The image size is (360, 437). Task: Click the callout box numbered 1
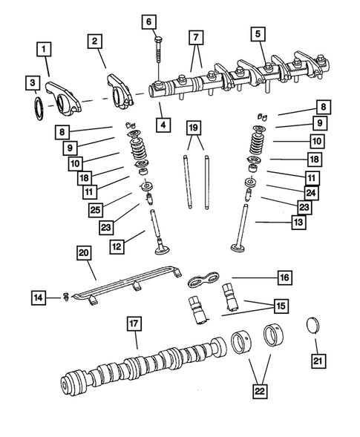[x=45, y=50]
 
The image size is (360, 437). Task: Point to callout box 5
[x=258, y=33]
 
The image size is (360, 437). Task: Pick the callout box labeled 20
[x=85, y=254]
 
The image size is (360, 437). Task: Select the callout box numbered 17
[x=133, y=324]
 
